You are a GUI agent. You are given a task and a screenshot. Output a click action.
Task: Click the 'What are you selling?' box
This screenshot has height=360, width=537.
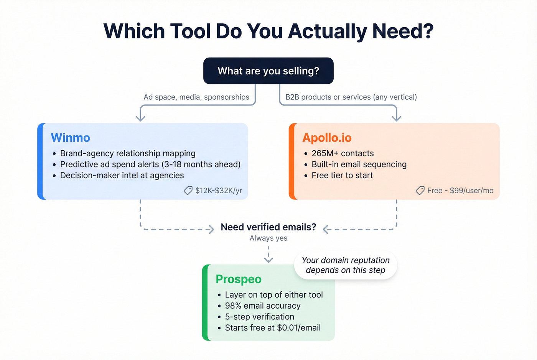(268, 71)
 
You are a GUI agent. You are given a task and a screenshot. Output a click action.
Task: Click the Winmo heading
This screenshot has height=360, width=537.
(70, 138)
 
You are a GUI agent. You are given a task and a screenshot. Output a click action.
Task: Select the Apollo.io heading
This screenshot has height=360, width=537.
(327, 138)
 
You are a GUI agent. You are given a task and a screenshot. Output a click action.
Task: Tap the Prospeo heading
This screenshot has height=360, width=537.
(238, 279)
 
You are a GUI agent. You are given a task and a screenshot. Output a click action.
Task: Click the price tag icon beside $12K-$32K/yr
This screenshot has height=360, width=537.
(188, 191)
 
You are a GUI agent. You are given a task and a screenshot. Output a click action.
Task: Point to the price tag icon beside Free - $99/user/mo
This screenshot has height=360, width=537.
(420, 191)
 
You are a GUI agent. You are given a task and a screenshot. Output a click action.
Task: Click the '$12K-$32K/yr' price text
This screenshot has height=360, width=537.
(219, 191)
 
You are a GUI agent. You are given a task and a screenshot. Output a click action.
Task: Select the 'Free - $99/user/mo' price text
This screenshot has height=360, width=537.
(460, 191)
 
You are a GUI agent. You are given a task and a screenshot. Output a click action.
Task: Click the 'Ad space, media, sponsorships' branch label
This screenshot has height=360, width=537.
(196, 97)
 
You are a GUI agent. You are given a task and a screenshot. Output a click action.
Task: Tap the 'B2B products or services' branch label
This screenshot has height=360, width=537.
(351, 97)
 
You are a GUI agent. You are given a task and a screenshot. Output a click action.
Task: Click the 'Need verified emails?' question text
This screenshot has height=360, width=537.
(268, 227)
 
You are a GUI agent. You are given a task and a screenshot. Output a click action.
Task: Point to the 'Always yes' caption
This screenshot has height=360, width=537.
(268, 238)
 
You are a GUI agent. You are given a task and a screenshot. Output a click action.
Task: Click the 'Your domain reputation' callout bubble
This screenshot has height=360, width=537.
(346, 265)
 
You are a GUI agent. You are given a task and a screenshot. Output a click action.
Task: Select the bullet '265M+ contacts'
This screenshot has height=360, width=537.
(343, 153)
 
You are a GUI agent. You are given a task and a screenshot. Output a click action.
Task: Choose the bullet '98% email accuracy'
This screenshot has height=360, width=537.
(263, 306)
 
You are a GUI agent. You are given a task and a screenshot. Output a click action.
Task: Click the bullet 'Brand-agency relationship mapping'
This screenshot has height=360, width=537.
(128, 153)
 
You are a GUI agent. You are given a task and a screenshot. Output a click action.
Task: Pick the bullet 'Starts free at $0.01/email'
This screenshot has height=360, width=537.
(273, 328)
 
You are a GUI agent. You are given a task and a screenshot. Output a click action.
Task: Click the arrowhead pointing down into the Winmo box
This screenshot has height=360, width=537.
(140, 118)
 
